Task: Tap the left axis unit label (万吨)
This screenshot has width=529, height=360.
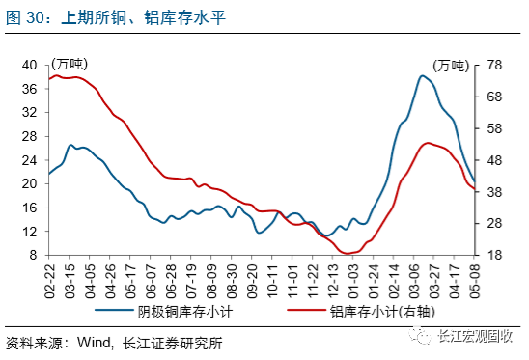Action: pyautogui.click(x=69, y=64)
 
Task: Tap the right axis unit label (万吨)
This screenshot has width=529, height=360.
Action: pyautogui.click(x=450, y=66)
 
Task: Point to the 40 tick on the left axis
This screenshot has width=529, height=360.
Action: pyautogui.click(x=29, y=65)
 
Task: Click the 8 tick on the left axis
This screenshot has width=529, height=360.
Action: pyautogui.click(x=33, y=256)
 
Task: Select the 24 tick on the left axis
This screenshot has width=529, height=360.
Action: pyautogui.click(x=29, y=160)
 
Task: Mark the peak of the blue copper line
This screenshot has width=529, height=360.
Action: pyautogui.click(x=423, y=75)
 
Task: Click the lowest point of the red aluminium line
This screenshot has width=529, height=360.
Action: pyautogui.click(x=347, y=254)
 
